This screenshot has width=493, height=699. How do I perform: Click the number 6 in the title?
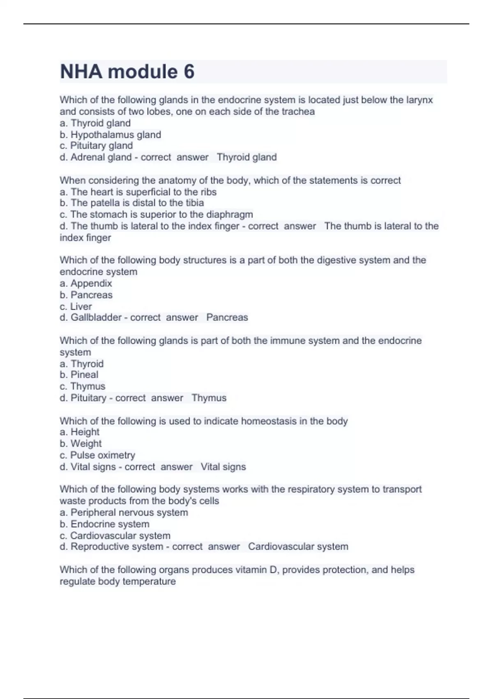click(x=189, y=72)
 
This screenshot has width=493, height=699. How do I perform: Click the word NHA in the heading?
click(x=81, y=72)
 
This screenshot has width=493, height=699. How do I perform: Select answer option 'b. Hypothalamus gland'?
click(x=110, y=134)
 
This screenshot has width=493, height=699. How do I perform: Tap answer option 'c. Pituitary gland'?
click(x=96, y=146)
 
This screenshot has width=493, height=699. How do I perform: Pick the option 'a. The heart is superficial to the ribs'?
click(x=138, y=192)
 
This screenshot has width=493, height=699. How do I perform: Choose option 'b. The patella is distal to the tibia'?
click(x=131, y=203)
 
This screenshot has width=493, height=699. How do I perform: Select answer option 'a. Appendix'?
click(x=85, y=283)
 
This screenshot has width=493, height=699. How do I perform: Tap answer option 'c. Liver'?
click(x=76, y=306)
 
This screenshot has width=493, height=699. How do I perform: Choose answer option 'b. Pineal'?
click(x=79, y=375)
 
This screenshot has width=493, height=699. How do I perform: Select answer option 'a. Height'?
click(x=79, y=432)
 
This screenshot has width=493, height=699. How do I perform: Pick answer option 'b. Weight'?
click(x=81, y=444)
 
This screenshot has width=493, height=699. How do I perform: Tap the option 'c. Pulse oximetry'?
click(x=97, y=455)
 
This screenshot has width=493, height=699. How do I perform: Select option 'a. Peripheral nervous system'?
click(x=124, y=512)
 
